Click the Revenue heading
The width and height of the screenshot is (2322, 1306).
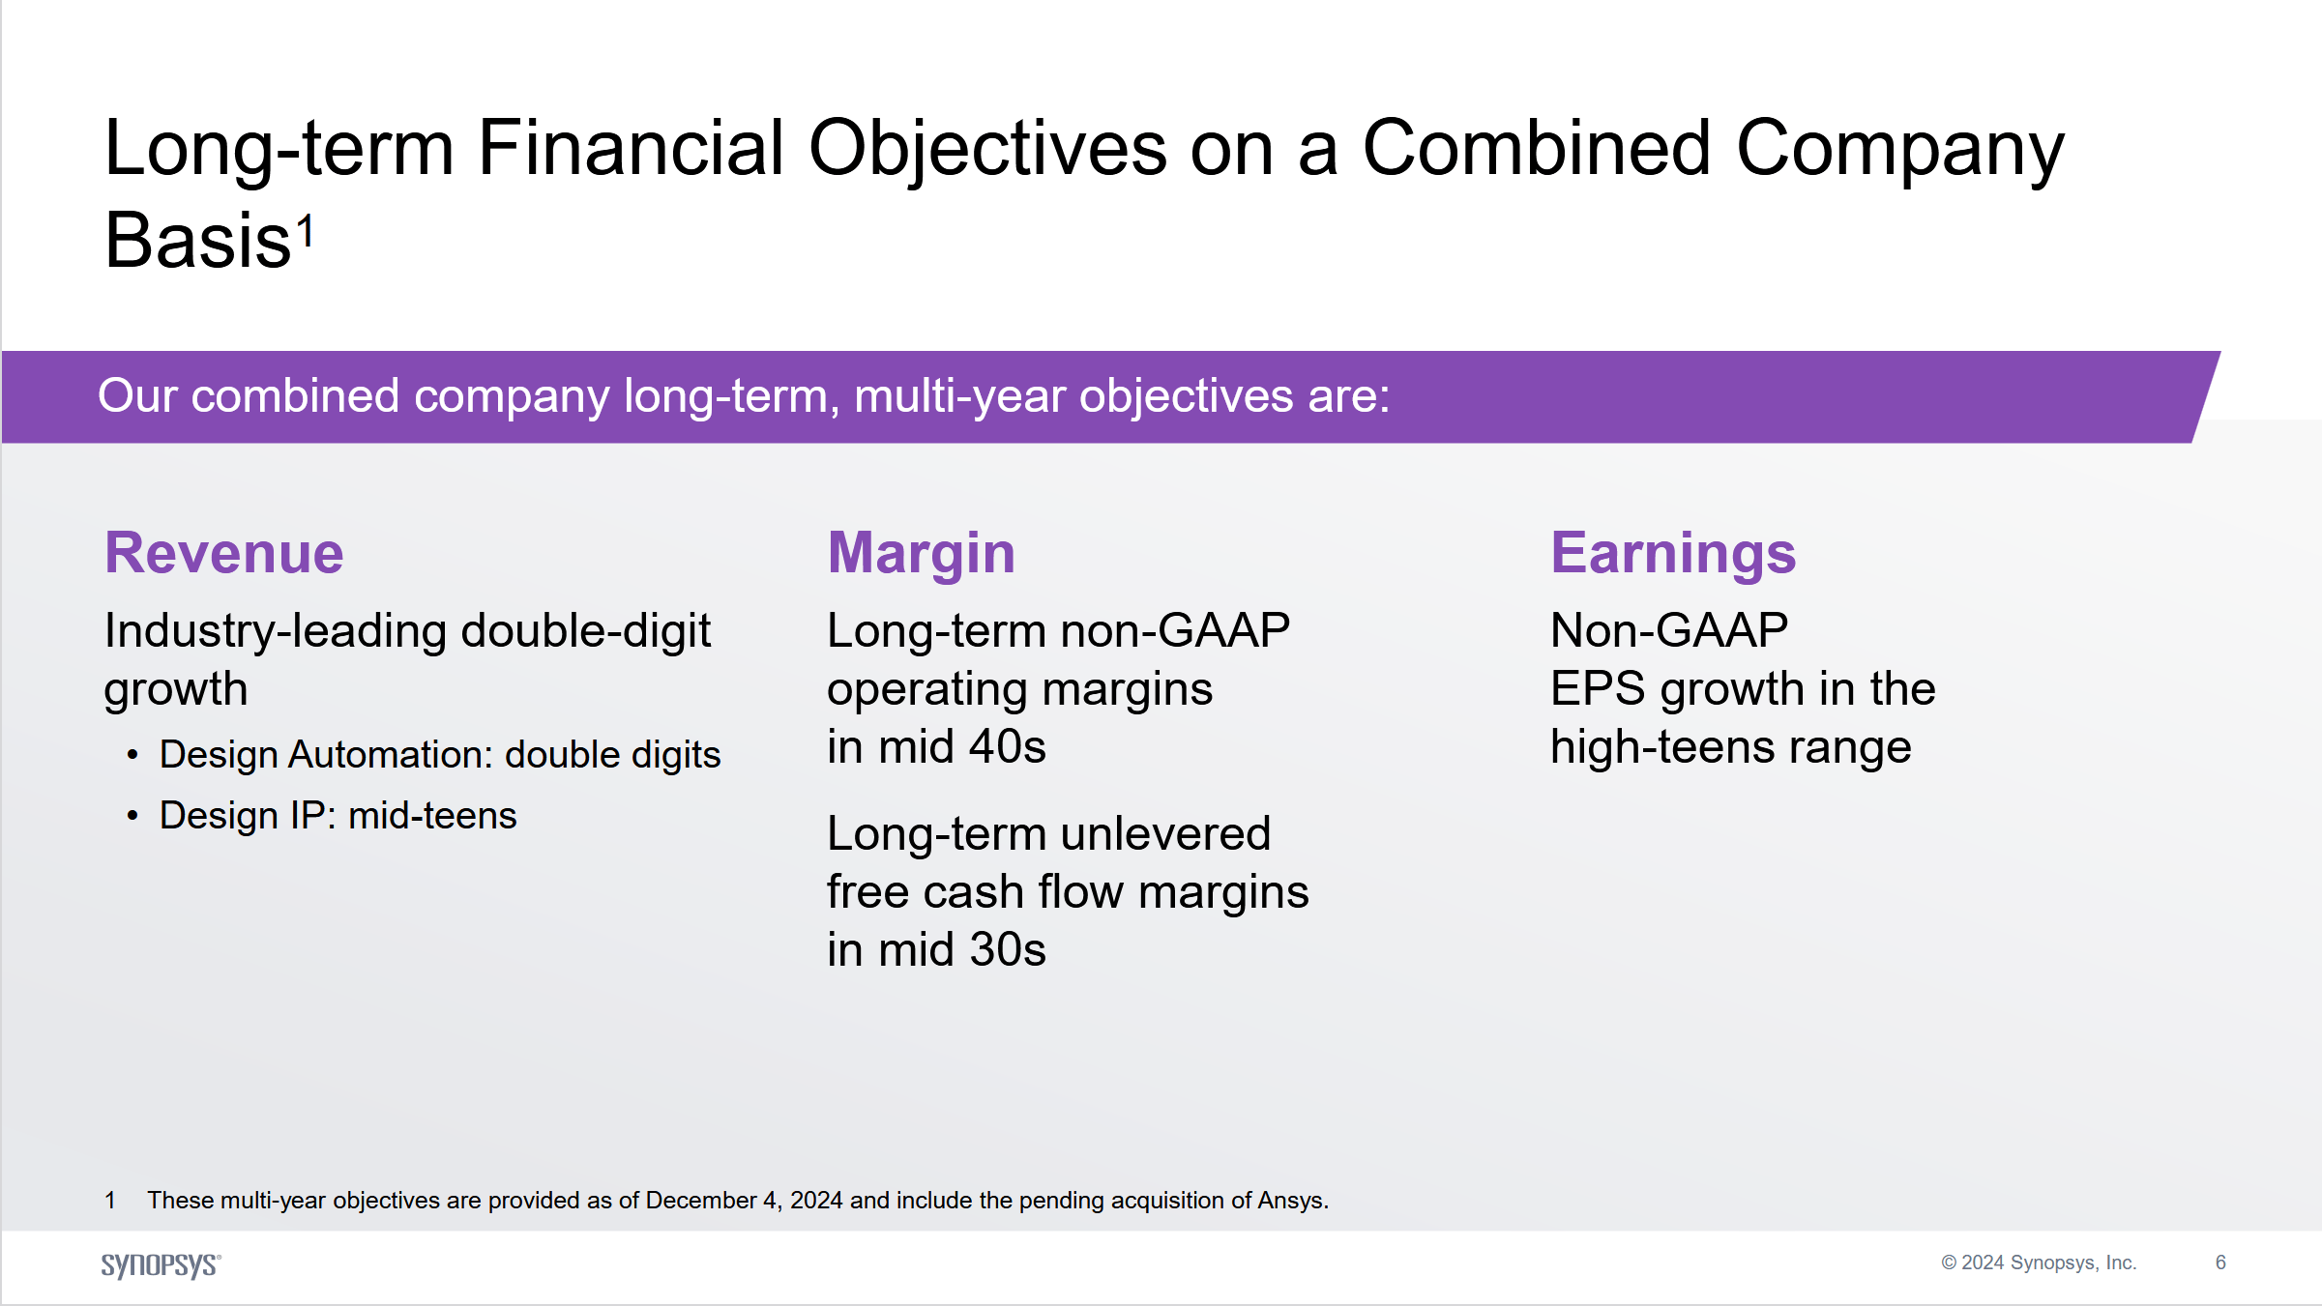[223, 553]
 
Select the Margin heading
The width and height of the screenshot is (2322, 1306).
[921, 553]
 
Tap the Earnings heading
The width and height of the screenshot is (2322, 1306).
[1673, 553]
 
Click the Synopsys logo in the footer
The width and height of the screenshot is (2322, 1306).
[161, 1264]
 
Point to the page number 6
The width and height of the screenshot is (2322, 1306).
[2220, 1262]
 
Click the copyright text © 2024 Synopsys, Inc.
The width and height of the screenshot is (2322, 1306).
[2039, 1262]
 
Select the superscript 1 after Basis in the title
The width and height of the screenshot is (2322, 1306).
[306, 232]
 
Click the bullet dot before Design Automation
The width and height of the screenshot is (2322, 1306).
[132, 755]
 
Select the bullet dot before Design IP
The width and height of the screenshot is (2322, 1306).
[132, 816]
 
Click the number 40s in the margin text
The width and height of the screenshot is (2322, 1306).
[1007, 747]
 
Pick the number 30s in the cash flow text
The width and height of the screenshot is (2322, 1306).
[1007, 950]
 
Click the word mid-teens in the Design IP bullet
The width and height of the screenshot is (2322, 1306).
[432, 816]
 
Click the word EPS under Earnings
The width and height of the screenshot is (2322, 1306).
[1597, 689]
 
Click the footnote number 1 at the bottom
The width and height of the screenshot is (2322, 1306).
[110, 1201]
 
